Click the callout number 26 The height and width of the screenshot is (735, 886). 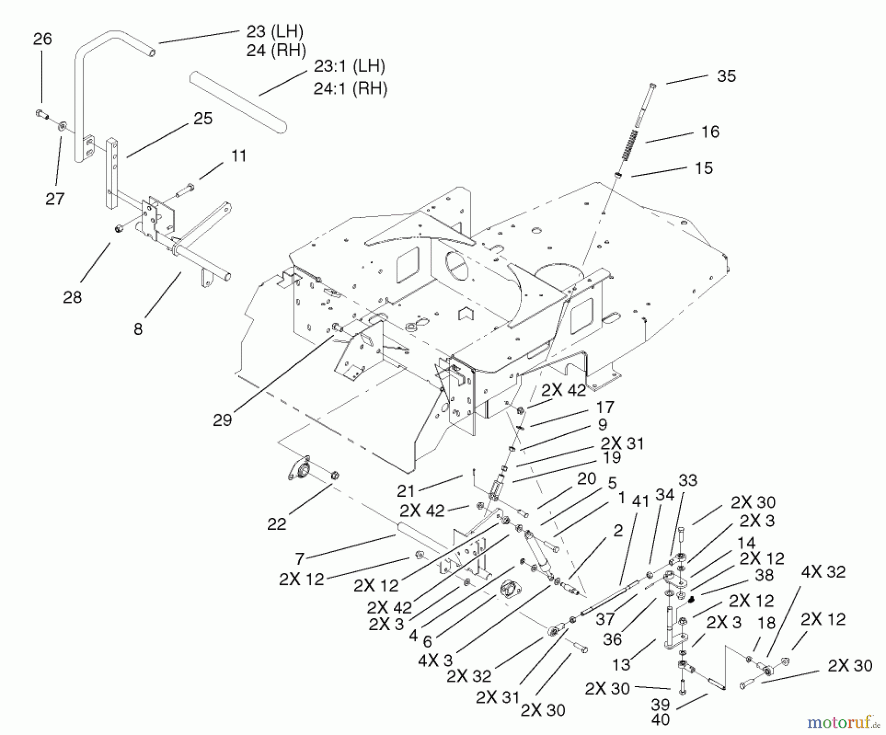[x=42, y=39]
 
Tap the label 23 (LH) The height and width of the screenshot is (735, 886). [x=275, y=32]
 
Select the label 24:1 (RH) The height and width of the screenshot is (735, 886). [x=350, y=89]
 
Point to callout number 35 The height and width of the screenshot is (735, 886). [x=726, y=76]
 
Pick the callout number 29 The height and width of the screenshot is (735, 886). [x=222, y=420]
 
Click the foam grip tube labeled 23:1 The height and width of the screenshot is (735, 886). [x=238, y=102]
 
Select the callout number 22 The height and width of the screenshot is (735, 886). [x=276, y=524]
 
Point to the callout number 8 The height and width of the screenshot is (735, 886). [x=138, y=328]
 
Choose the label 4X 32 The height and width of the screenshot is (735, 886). [x=823, y=572]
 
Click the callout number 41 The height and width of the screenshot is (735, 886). [x=640, y=501]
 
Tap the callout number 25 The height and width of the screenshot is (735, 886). [x=203, y=119]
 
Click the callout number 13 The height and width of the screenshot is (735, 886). [x=621, y=665]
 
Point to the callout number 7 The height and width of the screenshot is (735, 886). [x=300, y=558]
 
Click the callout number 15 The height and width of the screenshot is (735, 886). [x=703, y=168]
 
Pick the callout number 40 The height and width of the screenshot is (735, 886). [x=660, y=720]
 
